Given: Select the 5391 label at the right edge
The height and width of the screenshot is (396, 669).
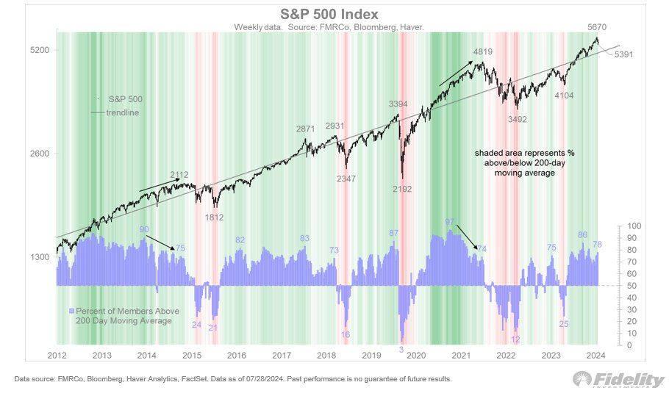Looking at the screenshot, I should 615,54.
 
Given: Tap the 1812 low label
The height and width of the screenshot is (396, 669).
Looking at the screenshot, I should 214,217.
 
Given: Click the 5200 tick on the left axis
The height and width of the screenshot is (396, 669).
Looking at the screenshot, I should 39,50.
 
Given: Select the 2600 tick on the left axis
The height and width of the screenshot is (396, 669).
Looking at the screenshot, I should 39,154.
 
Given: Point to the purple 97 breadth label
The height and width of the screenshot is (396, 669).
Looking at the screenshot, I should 450,221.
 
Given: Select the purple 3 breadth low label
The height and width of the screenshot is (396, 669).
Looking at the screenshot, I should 401,350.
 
